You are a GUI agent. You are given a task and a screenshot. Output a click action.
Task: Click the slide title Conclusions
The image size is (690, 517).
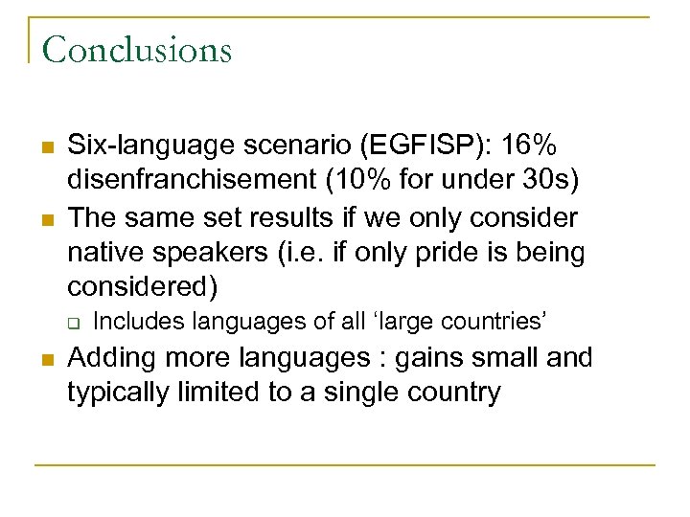[x=137, y=49]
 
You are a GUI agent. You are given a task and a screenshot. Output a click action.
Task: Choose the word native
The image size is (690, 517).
[x=106, y=254]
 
